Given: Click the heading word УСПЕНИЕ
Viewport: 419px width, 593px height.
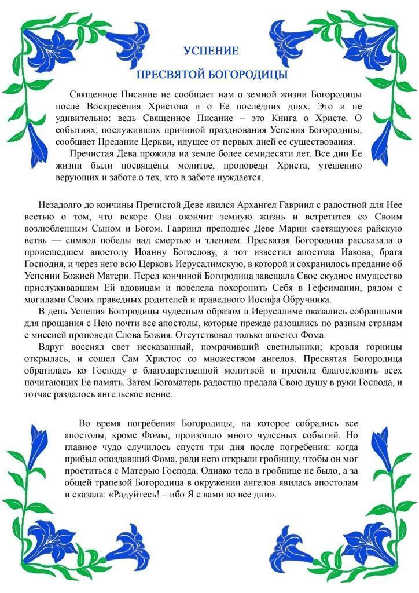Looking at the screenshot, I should coord(211,51).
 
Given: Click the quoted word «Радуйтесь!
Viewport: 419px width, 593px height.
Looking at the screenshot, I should coord(146,495).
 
